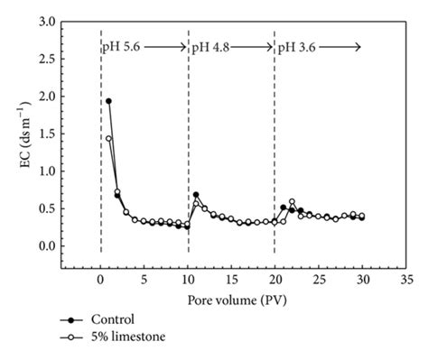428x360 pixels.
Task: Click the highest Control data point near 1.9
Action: point(108,101)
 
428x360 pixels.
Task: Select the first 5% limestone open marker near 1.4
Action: point(108,138)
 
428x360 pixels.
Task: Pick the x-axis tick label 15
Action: point(231,279)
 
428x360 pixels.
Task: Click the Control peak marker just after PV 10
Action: point(196,195)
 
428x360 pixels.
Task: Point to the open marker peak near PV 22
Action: point(292,201)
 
